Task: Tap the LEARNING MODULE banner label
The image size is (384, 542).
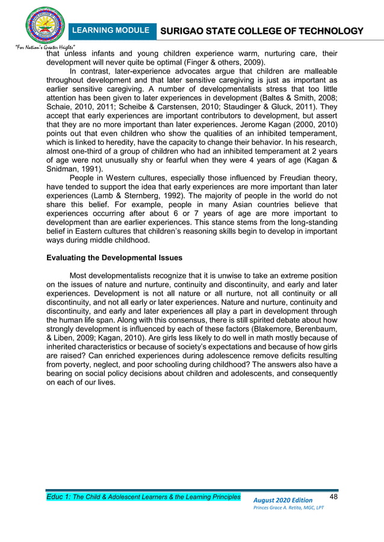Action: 111,30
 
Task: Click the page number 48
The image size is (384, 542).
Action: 336,496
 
